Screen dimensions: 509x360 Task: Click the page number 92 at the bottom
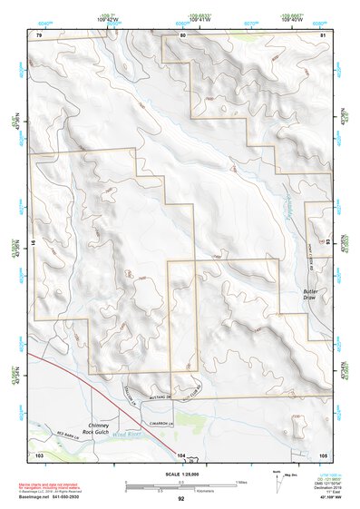(180, 499)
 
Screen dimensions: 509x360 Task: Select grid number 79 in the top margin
(39, 34)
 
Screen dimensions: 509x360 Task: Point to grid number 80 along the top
(182, 34)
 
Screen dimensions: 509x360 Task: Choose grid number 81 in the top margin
(322, 34)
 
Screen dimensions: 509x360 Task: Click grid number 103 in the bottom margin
(39, 454)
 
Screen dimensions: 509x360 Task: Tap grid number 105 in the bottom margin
(322, 454)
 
